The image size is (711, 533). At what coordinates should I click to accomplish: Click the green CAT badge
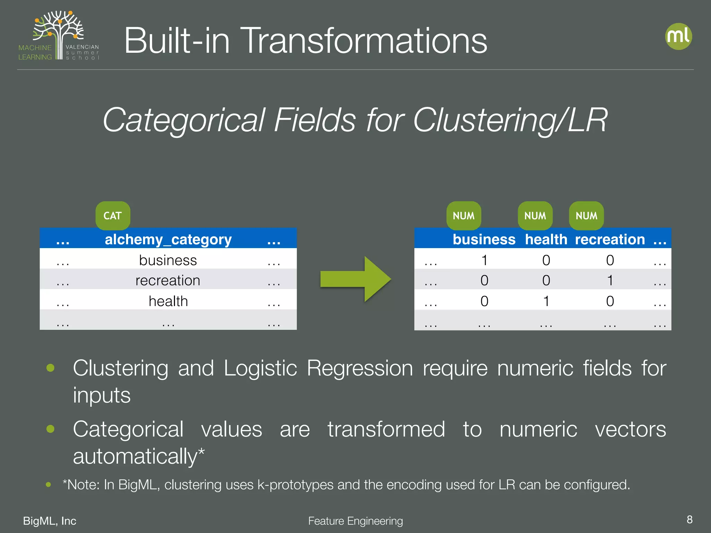coord(113,215)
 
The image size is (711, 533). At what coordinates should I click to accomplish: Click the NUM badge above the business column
coord(463,215)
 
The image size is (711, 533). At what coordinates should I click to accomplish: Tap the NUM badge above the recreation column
coord(586,215)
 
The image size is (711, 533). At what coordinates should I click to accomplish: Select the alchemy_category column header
coord(168,239)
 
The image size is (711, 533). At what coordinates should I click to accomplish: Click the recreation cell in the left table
coord(168,280)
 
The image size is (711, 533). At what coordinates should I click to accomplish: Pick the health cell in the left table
coord(168,301)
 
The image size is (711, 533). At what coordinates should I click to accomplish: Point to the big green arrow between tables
coord(355,279)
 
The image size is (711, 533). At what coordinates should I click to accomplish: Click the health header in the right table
coord(546,239)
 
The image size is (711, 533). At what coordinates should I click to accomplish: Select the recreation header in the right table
coord(610,239)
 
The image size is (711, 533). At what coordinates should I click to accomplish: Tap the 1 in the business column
coord(484,260)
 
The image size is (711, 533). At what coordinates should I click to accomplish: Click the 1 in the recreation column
coord(610,280)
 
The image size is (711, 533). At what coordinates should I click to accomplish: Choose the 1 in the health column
coord(546,301)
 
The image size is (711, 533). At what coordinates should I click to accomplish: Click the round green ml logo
coord(678,36)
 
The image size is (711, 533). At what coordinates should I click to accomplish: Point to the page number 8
coord(689,519)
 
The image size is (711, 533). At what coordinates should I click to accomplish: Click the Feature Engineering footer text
coord(355,521)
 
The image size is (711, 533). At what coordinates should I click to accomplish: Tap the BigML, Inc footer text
coord(50,521)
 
